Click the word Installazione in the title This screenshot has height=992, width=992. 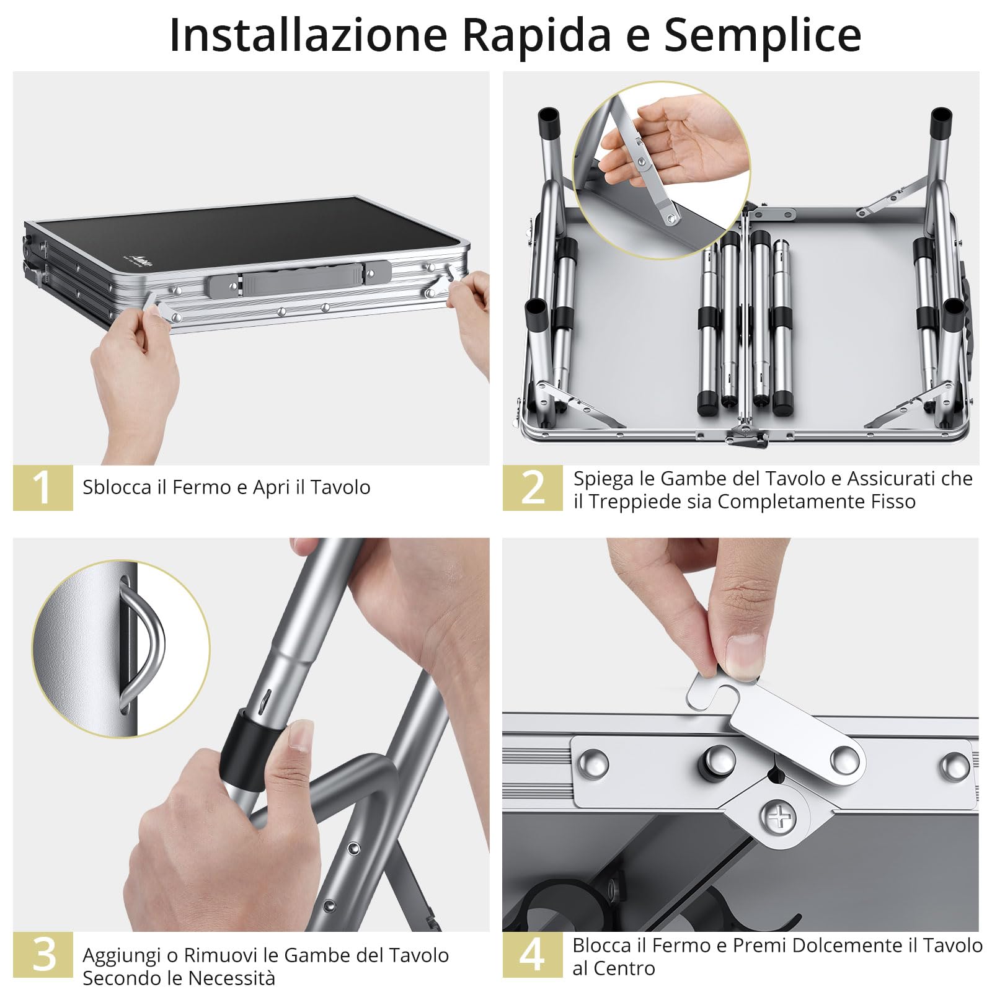(x=308, y=35)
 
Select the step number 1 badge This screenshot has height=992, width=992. (x=43, y=488)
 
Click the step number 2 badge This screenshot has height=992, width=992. (x=533, y=488)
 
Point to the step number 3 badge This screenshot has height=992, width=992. (x=43, y=954)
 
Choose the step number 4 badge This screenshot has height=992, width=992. (x=533, y=954)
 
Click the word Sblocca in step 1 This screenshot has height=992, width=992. (x=117, y=487)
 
